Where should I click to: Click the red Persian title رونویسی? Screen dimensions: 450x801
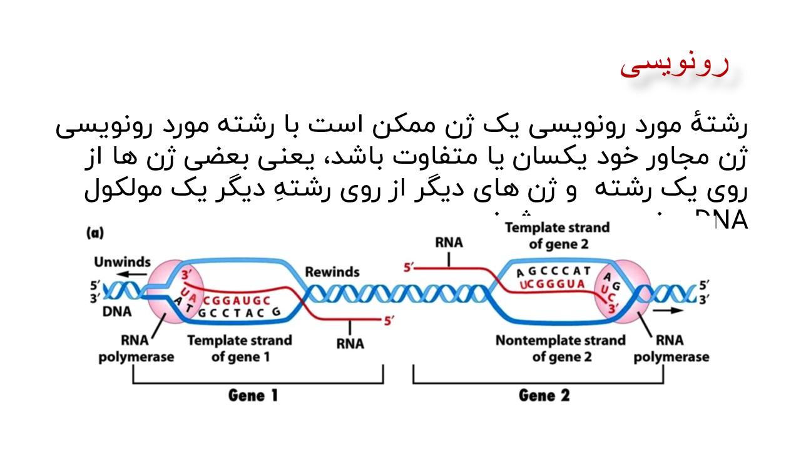point(674,66)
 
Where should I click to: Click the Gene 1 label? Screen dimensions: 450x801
point(253,396)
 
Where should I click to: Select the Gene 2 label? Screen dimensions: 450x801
point(544,396)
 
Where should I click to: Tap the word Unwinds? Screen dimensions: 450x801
point(122,261)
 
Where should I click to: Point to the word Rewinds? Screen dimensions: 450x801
point(332,272)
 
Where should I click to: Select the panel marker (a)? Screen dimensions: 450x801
point(94,233)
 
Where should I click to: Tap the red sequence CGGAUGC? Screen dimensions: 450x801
point(236,300)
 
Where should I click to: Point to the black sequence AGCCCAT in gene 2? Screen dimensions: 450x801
point(554,271)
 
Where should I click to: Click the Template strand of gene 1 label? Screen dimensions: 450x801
point(240,349)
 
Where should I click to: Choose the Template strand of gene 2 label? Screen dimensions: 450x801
point(557,236)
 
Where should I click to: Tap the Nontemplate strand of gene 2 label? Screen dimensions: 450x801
point(560,349)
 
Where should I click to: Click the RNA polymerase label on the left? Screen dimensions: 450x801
point(136,349)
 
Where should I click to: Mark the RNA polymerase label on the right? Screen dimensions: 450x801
point(671,349)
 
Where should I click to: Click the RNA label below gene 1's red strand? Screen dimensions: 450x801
point(350,343)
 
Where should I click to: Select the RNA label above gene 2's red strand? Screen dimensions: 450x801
point(449,242)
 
